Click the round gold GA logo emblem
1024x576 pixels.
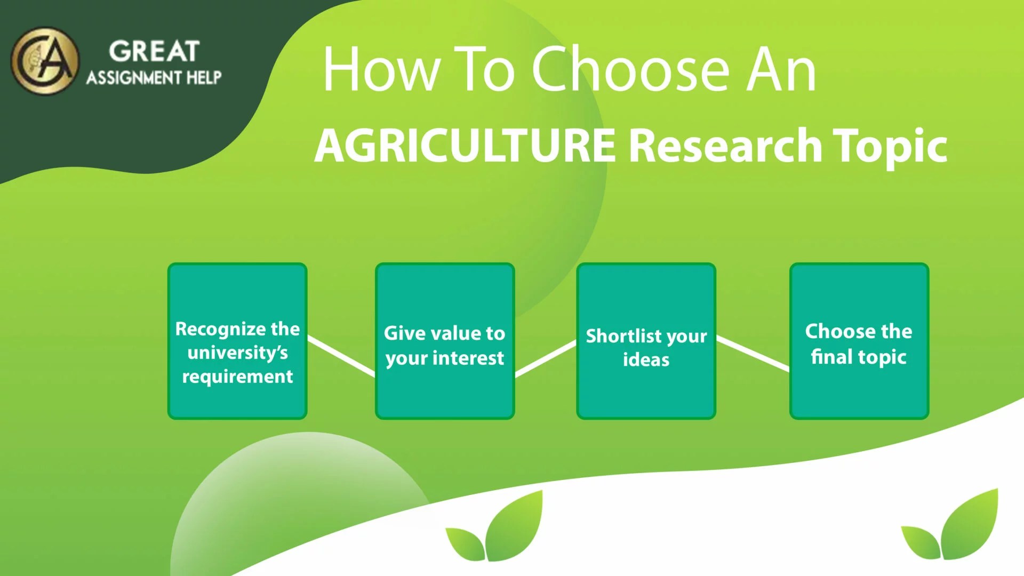[45, 61]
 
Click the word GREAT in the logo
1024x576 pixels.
[154, 52]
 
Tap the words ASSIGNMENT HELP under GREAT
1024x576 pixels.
[154, 78]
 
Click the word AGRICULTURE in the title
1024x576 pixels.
[465, 146]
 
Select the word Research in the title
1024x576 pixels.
[725, 146]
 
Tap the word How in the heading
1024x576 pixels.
[381, 69]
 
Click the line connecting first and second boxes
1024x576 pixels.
[341, 356]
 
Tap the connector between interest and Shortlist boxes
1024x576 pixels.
[546, 359]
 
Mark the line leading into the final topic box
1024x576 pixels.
[753, 353]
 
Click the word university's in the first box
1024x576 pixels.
[237, 353]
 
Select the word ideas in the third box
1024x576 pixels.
[646, 359]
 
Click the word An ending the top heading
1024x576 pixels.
[781, 69]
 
